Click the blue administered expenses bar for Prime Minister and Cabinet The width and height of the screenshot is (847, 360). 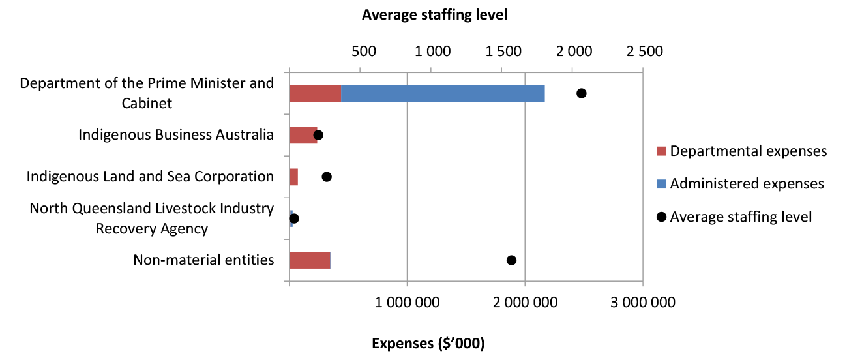click(443, 93)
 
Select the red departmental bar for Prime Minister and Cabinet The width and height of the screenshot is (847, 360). click(315, 93)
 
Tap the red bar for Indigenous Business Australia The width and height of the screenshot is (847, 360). click(303, 135)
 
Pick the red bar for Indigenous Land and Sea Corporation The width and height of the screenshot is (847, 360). click(294, 177)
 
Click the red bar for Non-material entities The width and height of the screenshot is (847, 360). click(310, 260)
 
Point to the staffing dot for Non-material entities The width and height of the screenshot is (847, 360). click(511, 260)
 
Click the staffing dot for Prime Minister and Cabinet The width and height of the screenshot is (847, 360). click(582, 93)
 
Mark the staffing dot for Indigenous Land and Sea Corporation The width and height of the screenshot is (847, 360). click(327, 177)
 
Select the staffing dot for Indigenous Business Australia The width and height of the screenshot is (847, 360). click(318, 135)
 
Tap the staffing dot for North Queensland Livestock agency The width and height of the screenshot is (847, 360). click(294, 218)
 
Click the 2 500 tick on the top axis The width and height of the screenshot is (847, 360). click(644, 52)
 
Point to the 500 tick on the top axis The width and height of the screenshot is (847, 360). click(363, 52)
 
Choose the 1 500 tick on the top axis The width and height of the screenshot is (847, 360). click(504, 52)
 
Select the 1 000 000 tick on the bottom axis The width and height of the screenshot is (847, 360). click(407, 302)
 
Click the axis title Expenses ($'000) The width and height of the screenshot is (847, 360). click(428, 343)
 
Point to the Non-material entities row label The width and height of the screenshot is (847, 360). click(203, 260)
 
